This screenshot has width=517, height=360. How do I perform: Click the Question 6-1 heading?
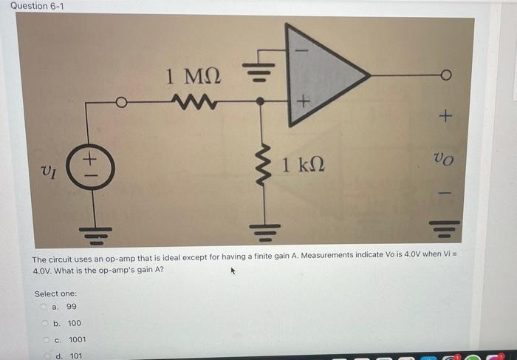click(32, 7)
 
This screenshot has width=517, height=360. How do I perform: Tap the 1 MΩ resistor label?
click(194, 76)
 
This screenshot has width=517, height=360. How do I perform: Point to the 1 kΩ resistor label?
click(303, 163)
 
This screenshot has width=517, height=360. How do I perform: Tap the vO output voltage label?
click(443, 157)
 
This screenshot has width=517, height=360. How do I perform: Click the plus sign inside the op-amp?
click(301, 101)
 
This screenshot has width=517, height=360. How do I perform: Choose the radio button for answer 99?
click(45, 307)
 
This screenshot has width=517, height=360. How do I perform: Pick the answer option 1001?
click(77, 339)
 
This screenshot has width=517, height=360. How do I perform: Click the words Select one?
click(55, 293)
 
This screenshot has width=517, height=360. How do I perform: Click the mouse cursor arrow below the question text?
click(234, 273)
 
